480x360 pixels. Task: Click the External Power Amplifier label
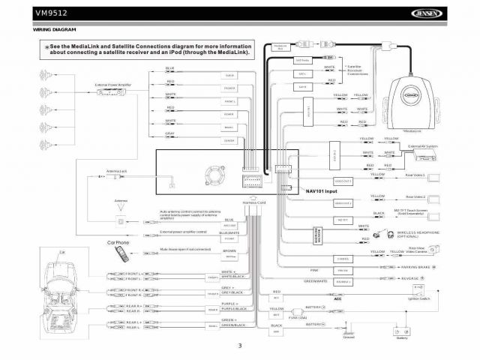113,85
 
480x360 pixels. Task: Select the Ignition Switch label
418,299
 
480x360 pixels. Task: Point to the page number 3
240,346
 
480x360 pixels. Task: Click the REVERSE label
409,278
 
